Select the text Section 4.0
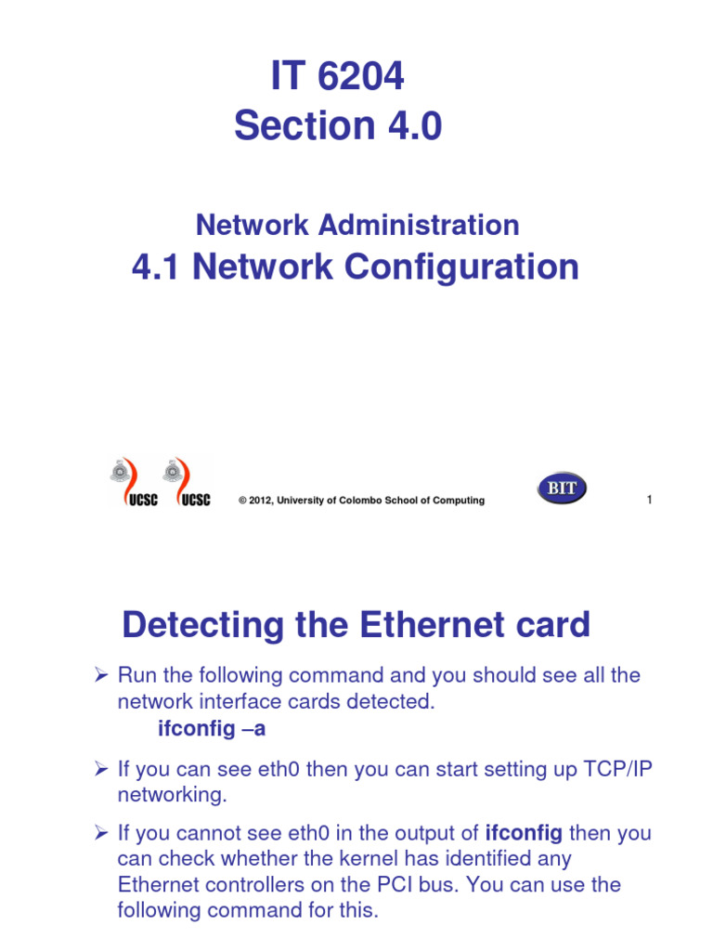(x=338, y=125)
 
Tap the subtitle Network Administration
(x=357, y=225)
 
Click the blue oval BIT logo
(x=561, y=489)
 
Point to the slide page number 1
(x=649, y=501)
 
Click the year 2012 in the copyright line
(x=261, y=501)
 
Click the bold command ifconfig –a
(x=211, y=729)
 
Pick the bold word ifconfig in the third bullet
(x=524, y=833)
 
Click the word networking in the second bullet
(x=171, y=795)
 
